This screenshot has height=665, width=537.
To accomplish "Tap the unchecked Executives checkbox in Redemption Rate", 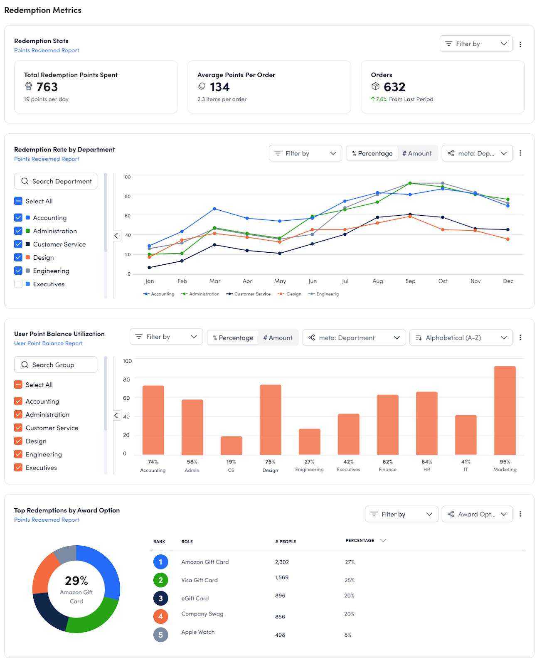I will [18, 284].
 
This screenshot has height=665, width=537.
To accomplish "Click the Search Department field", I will [56, 181].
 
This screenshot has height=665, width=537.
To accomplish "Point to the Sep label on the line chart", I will [410, 281].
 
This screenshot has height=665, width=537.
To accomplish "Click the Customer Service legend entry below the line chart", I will [249, 294].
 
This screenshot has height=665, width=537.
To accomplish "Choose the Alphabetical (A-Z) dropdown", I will [461, 337].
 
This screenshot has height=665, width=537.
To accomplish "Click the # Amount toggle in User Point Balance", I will [278, 338].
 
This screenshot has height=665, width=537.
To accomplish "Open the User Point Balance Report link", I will [48, 343].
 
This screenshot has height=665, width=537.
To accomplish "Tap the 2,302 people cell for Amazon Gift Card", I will [282, 562].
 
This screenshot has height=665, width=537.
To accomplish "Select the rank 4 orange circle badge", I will [160, 616].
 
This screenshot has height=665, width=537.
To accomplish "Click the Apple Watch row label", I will [198, 632].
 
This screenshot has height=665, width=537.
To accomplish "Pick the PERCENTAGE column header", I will [360, 540].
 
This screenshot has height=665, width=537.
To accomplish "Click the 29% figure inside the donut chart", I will [76, 581].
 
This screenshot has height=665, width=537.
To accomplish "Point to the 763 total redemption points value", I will [47, 87].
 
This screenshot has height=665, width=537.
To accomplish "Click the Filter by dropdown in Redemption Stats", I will [476, 44].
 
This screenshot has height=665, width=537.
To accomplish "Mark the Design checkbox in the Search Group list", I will [18, 441].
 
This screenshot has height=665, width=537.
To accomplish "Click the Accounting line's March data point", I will [214, 209].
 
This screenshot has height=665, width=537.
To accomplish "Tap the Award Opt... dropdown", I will [477, 514].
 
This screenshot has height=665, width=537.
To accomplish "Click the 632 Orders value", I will [394, 87].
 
